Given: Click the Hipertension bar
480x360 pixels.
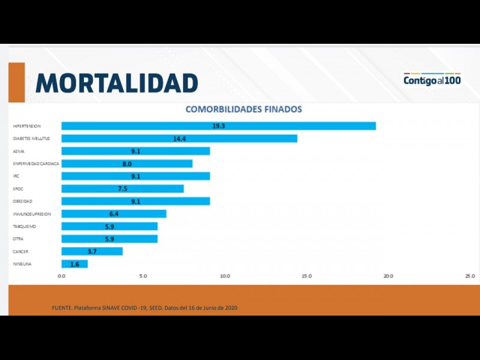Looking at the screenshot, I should (x=218, y=126).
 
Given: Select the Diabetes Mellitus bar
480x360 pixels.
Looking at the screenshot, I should (x=179, y=139).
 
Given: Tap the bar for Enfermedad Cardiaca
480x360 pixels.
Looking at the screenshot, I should (x=127, y=163).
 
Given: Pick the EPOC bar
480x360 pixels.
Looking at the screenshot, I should (x=122, y=188).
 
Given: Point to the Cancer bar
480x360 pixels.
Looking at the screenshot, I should (x=92, y=251).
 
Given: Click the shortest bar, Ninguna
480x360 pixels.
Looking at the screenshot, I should (x=74, y=264).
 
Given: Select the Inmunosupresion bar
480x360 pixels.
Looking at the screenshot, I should (x=113, y=214).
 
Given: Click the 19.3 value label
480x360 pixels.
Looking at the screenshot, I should (x=218, y=126).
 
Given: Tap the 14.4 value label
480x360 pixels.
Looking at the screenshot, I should (x=179, y=139).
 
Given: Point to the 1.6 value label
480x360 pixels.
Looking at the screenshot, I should (x=75, y=264).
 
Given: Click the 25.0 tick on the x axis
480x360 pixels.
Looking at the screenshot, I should (x=470, y=276).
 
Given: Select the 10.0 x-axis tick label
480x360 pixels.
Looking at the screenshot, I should (x=225, y=276).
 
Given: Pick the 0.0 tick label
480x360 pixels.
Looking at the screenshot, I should (x=62, y=276).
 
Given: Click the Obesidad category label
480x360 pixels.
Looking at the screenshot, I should (x=23, y=202).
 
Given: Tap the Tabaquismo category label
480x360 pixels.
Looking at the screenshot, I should (x=26, y=226).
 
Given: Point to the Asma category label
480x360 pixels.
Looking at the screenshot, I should (x=19, y=151).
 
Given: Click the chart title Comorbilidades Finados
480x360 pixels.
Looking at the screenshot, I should (x=244, y=110).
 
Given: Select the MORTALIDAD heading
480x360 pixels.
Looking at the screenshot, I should (x=117, y=83).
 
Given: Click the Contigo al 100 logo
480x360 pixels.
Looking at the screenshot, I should (x=432, y=79).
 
